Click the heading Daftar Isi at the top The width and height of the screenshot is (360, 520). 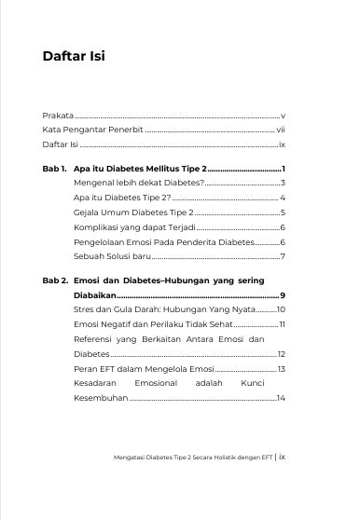tap(74, 56)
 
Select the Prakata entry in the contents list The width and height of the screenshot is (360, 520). tap(57, 115)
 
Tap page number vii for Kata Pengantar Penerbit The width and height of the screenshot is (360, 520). tap(280, 131)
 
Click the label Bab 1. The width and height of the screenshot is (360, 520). tap(54, 171)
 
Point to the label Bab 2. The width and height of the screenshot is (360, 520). tap(54, 280)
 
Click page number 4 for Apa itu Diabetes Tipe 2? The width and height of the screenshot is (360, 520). tap(282, 198)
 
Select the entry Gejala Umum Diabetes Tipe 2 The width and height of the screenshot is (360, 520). tap(132, 213)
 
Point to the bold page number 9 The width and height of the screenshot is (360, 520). tap(282, 294)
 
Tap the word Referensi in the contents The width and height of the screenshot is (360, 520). tap(93, 341)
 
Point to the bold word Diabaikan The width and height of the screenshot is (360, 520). tap(95, 294)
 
